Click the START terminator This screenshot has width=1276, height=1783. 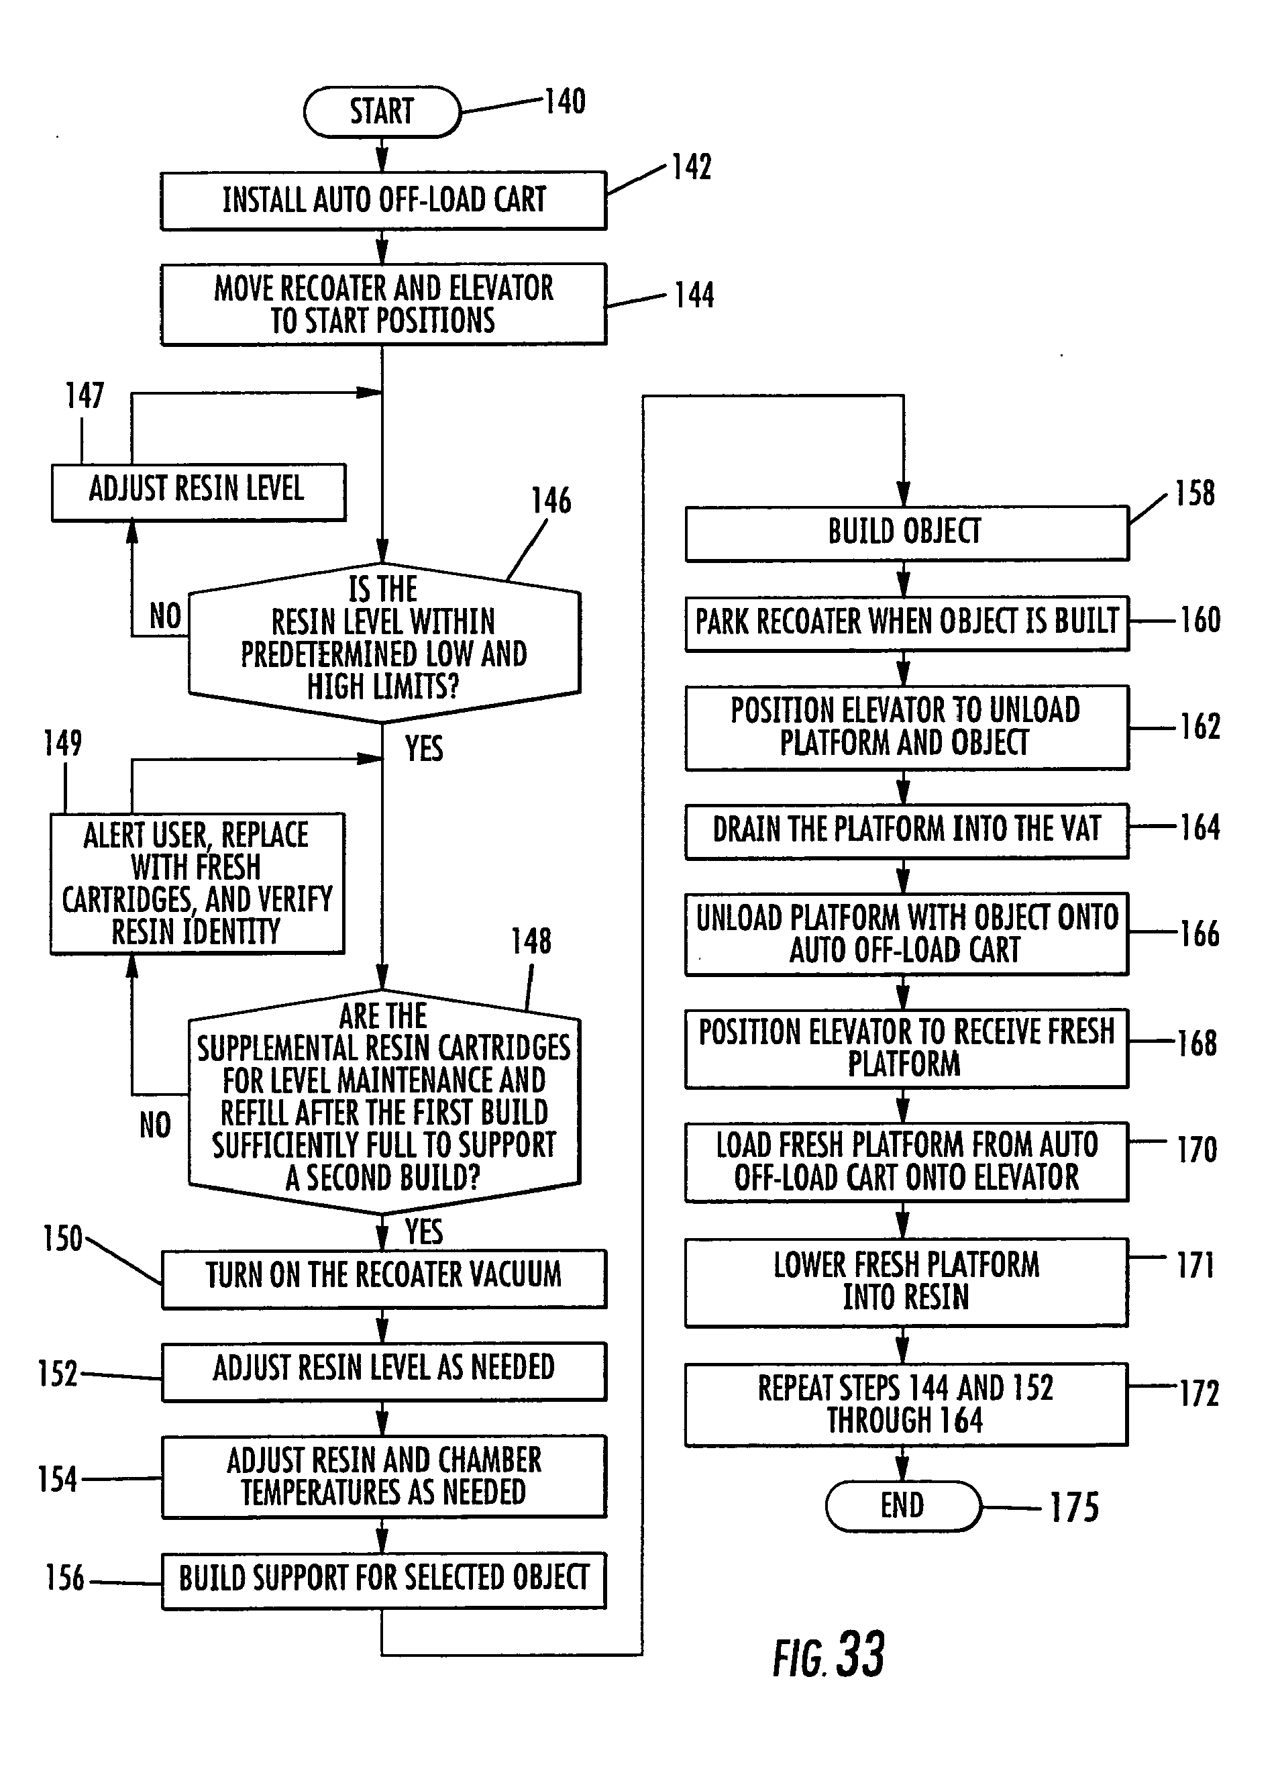(382, 111)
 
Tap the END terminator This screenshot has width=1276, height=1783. (903, 1506)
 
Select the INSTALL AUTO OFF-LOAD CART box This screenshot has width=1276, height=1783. (384, 201)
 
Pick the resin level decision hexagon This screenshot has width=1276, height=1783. (384, 640)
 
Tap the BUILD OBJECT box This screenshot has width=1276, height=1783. (906, 532)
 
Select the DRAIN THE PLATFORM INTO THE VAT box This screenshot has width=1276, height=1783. (906, 830)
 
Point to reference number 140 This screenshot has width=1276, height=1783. (565, 102)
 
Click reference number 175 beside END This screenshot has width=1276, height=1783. (1074, 1507)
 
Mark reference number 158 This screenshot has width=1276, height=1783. (1194, 493)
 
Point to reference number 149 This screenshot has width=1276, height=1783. (63, 743)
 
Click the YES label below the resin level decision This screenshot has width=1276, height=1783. (423, 749)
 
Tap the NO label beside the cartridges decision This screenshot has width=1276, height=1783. (155, 1125)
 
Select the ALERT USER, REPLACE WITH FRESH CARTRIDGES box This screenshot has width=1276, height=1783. (197, 883)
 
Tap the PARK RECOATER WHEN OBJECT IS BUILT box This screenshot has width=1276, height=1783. (906, 622)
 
